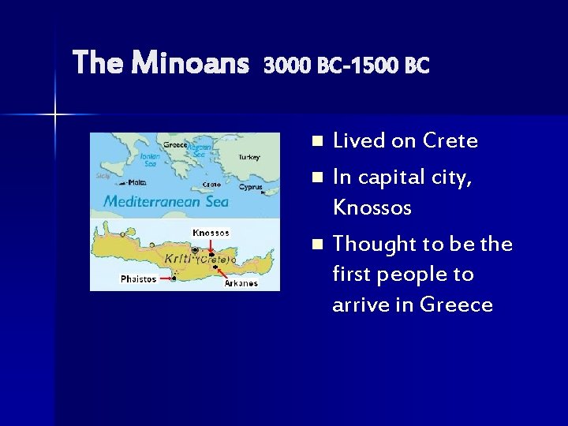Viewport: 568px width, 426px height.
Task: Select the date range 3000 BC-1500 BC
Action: (x=346, y=65)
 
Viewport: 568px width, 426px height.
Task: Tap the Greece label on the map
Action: (x=175, y=144)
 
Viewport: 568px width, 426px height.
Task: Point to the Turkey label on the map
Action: (x=248, y=157)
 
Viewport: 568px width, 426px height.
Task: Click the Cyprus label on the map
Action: (x=251, y=188)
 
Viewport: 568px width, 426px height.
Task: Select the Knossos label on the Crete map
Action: (x=211, y=233)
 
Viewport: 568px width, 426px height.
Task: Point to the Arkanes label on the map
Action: (x=241, y=282)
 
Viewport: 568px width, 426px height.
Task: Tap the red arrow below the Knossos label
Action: (x=211, y=246)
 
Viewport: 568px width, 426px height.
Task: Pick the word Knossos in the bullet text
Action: (x=372, y=208)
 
